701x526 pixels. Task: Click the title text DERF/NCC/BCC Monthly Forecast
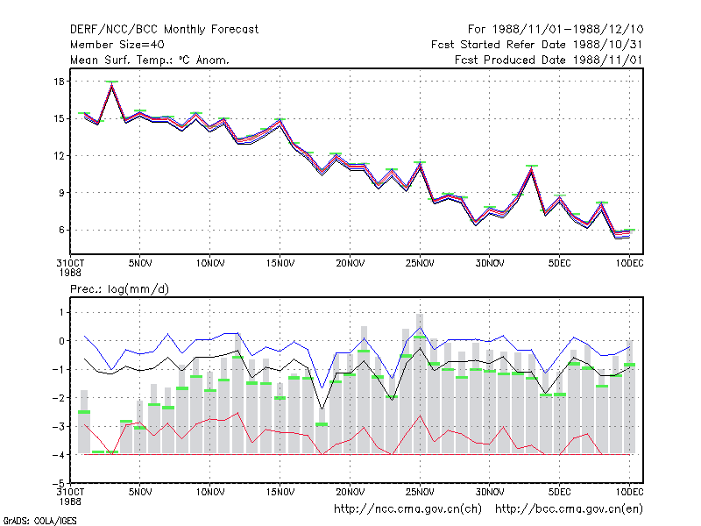click(x=164, y=30)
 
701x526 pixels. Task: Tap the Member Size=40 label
click(x=117, y=45)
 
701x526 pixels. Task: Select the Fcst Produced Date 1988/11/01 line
click(x=549, y=60)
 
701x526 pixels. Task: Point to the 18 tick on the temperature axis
click(x=59, y=82)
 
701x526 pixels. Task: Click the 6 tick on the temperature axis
click(x=61, y=230)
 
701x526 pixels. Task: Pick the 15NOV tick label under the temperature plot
click(x=280, y=264)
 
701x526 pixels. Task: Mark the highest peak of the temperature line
click(x=112, y=84)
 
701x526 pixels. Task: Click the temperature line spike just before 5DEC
click(x=532, y=169)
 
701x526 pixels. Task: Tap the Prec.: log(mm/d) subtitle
click(x=119, y=289)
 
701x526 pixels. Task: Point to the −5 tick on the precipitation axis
click(x=59, y=483)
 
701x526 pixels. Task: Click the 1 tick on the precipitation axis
click(x=61, y=312)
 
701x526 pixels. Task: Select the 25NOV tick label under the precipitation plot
click(x=420, y=492)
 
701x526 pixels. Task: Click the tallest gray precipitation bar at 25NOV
click(x=420, y=384)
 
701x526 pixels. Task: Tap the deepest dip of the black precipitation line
click(x=322, y=409)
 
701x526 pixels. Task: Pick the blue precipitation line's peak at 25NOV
click(x=420, y=328)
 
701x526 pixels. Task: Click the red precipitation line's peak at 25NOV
click(x=420, y=416)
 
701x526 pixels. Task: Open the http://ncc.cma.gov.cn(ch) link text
click(x=407, y=509)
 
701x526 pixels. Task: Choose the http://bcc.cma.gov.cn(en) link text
click(x=569, y=509)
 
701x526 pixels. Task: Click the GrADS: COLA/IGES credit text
click(x=40, y=521)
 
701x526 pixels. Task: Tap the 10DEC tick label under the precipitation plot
click(x=629, y=492)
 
